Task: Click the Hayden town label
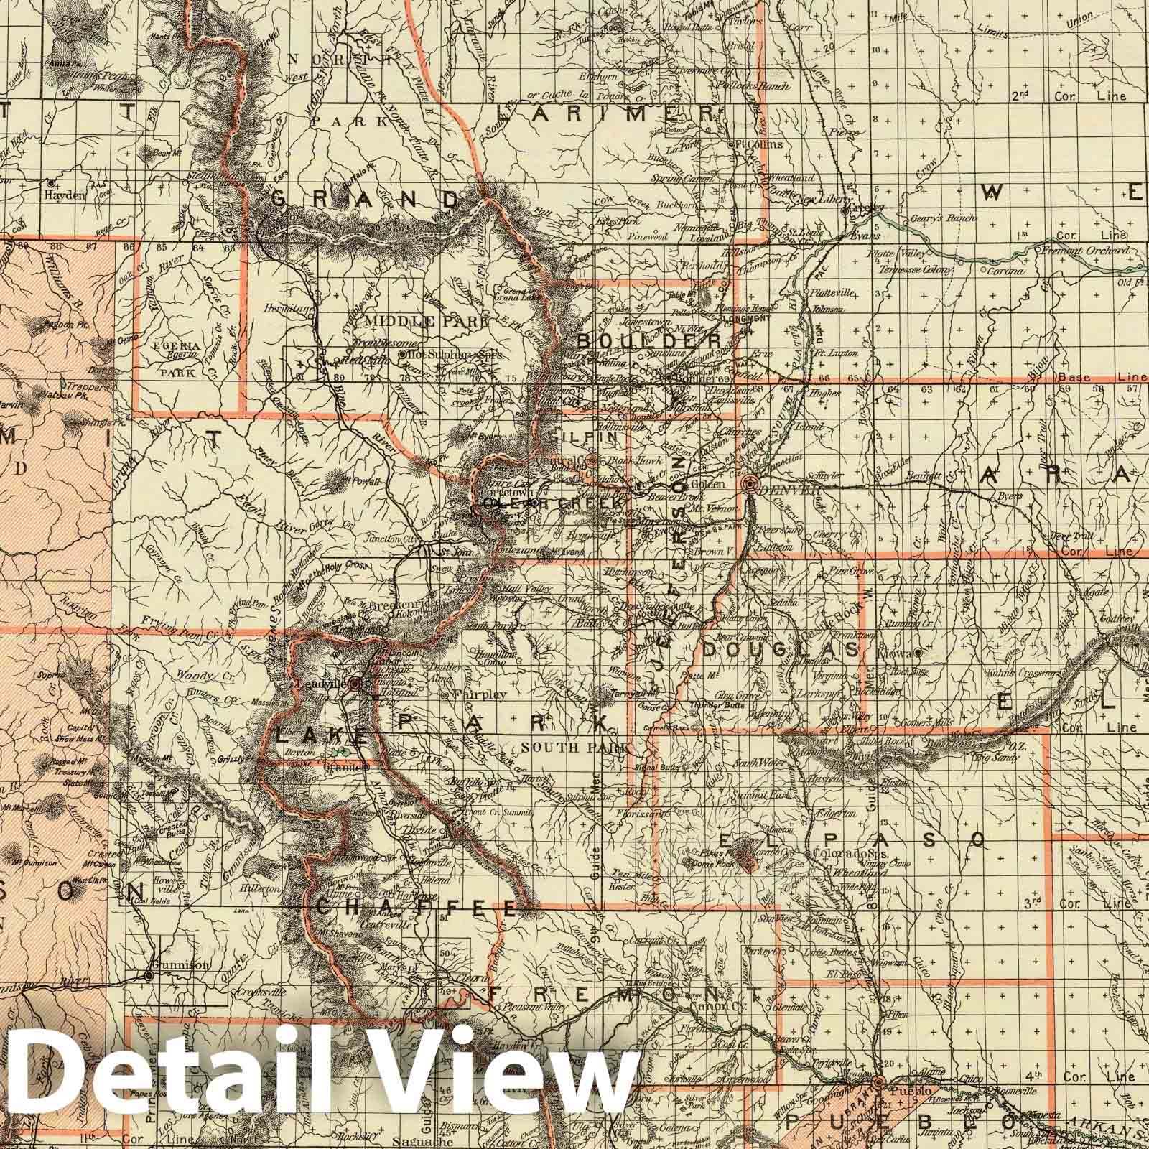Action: pos(69,194)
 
